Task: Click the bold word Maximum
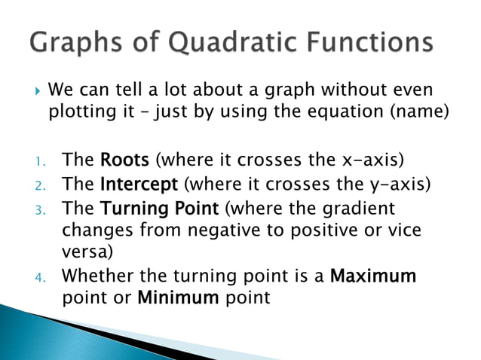pos(373,276)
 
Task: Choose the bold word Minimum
pos(179,297)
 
